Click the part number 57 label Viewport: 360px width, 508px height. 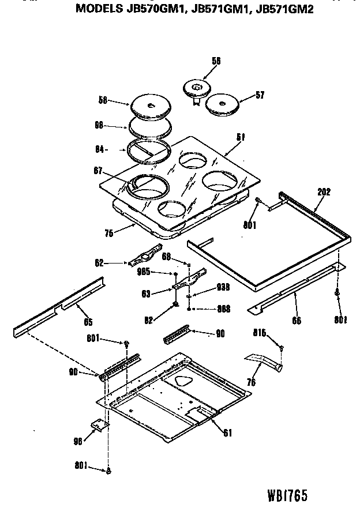(260, 95)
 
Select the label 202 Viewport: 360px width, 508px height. (324, 193)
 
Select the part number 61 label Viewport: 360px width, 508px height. (227, 432)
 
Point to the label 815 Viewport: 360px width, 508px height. (260, 333)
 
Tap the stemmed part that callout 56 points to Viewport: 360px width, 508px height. (196, 90)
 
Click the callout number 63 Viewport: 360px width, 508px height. (146, 293)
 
